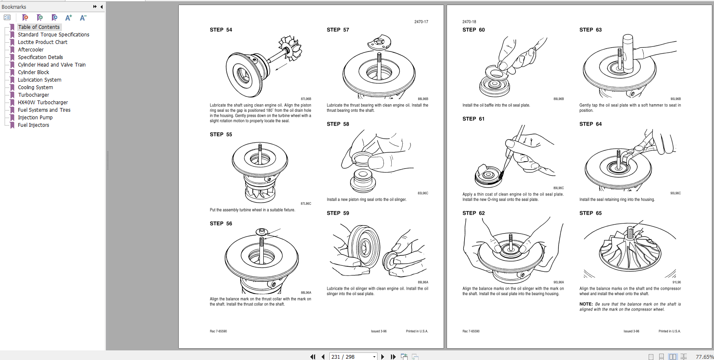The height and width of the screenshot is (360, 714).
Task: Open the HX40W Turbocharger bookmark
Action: pyautogui.click(x=43, y=103)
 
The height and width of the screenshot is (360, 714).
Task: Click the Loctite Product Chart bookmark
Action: pyautogui.click(x=42, y=42)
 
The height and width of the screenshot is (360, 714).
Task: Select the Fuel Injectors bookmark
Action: pyautogui.click(x=33, y=125)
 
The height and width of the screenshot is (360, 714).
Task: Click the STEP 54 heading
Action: pyautogui.click(x=221, y=30)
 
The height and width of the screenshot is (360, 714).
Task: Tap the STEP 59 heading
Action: pyautogui.click(x=338, y=213)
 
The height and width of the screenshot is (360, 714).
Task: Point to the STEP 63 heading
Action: pyautogui.click(x=590, y=30)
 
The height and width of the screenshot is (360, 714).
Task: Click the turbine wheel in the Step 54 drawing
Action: pyautogui.click(x=290, y=48)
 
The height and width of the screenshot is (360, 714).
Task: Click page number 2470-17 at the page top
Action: pyautogui.click(x=421, y=22)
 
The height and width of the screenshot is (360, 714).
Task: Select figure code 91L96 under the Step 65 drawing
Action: pyautogui.click(x=676, y=282)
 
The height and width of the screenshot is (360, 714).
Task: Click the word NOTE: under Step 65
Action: pyautogui.click(x=586, y=304)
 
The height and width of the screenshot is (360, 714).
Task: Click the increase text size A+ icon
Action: pyautogui.click(x=69, y=18)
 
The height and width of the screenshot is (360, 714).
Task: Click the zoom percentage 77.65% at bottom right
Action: pyautogui.click(x=704, y=357)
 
